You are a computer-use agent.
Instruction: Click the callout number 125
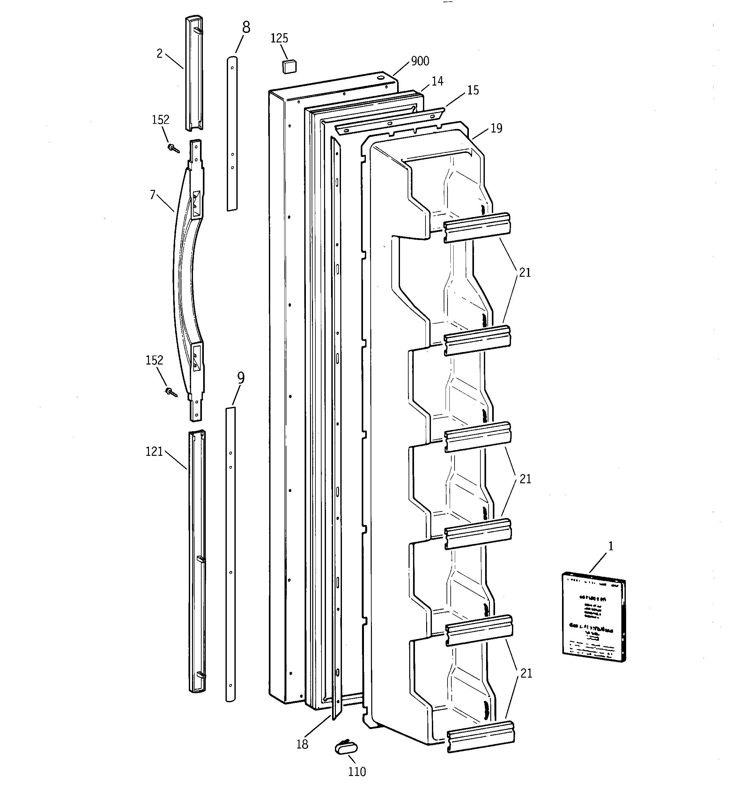coord(279,39)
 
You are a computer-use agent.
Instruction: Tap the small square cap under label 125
coord(289,66)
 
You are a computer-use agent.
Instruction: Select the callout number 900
coord(420,61)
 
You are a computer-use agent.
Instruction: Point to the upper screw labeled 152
coord(174,149)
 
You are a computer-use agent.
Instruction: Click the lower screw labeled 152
coord(171,393)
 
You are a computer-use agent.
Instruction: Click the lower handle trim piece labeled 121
coord(197,560)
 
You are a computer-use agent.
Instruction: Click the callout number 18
coord(302,745)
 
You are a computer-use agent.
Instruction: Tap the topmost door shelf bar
coord(477,227)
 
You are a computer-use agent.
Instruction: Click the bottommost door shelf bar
coord(481,737)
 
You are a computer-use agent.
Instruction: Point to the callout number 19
coord(496,128)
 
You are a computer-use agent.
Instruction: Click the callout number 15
coord(473,91)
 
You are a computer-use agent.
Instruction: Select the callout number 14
coord(437,81)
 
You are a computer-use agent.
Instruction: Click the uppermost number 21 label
coord(525,273)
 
